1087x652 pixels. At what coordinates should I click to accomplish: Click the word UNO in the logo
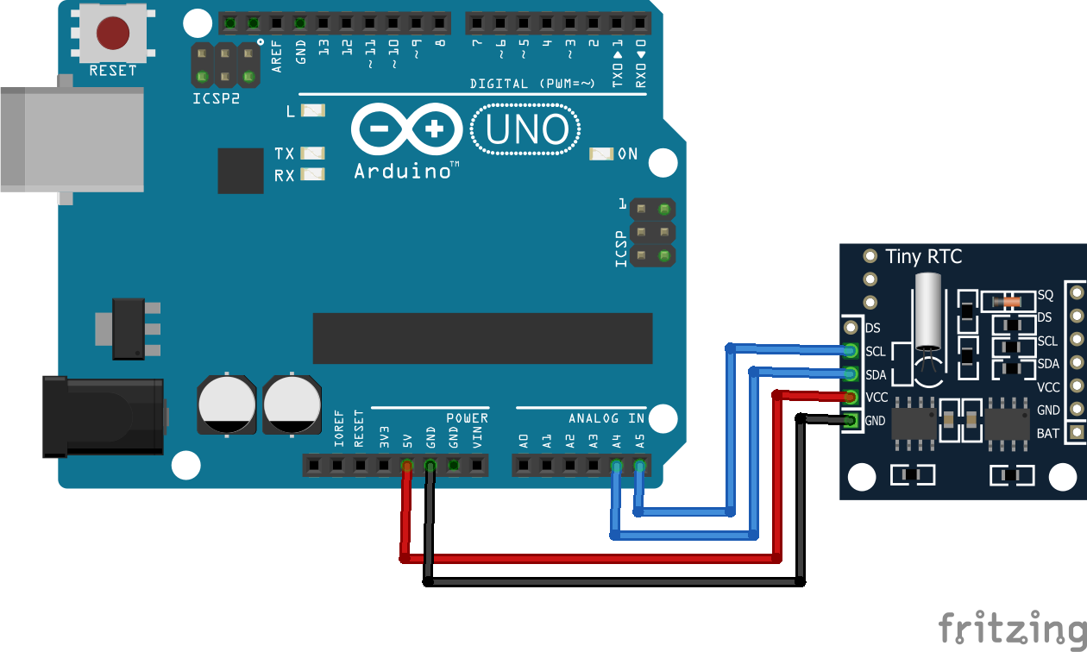(x=526, y=130)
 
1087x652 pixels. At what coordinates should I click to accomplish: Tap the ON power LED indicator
(x=601, y=154)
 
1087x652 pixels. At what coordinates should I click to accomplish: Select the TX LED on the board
(x=312, y=154)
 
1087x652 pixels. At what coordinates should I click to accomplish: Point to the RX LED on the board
(x=312, y=174)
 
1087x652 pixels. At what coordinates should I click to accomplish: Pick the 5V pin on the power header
(x=406, y=467)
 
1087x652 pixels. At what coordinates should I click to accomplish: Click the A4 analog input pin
(x=616, y=467)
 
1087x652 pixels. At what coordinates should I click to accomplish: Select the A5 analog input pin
(x=639, y=467)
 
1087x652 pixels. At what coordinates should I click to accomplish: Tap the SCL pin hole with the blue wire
(x=851, y=351)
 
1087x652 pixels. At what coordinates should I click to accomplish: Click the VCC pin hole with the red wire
(x=851, y=397)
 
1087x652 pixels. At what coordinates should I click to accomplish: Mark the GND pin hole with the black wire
(x=851, y=420)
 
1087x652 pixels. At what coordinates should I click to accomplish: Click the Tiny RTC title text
(x=923, y=256)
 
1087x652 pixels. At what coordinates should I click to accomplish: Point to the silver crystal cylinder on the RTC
(x=928, y=311)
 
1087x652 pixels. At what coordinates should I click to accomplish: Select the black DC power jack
(x=104, y=417)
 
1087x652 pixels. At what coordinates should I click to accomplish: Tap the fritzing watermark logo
(x=1011, y=629)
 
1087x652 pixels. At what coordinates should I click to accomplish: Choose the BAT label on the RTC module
(x=1047, y=433)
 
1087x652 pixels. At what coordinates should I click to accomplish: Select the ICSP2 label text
(x=216, y=98)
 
